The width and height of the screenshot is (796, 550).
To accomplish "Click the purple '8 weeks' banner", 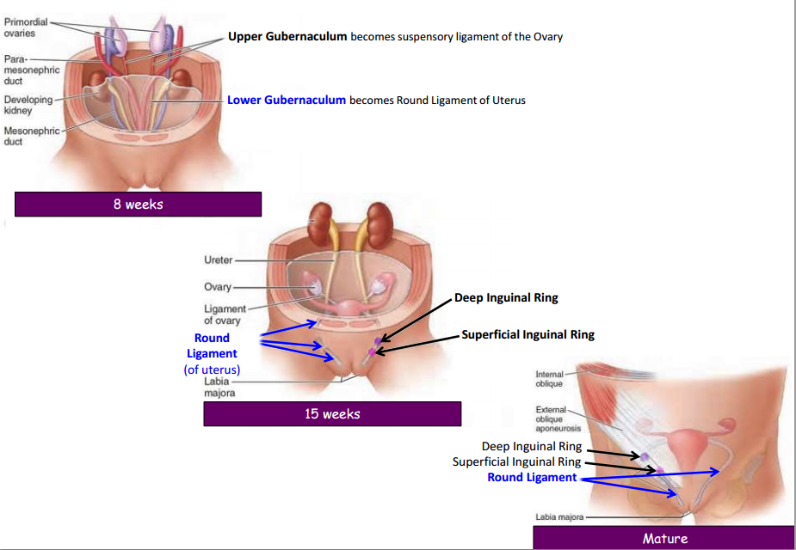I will click(x=138, y=205).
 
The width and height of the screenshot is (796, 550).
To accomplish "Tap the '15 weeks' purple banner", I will click(x=332, y=414).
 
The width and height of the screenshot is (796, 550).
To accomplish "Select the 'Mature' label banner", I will click(x=664, y=538).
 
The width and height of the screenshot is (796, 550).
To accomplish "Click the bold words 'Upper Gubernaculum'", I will click(x=287, y=37).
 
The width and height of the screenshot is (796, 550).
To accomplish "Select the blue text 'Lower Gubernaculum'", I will click(x=287, y=100).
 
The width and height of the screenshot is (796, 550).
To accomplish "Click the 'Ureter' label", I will click(x=218, y=260).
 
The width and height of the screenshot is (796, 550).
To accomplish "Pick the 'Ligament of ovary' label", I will click(x=224, y=315).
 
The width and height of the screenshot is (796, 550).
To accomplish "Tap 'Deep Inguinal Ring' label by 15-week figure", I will click(x=506, y=298).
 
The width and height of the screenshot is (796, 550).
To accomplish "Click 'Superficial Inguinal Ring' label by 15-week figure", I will click(x=528, y=334).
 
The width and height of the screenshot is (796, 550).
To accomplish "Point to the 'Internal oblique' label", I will click(x=549, y=379).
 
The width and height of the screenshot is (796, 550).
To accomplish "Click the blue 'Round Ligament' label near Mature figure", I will click(x=532, y=477).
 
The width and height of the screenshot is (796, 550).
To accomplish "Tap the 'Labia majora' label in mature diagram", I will click(x=559, y=517).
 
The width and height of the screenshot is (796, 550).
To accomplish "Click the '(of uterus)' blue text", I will click(x=212, y=370).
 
